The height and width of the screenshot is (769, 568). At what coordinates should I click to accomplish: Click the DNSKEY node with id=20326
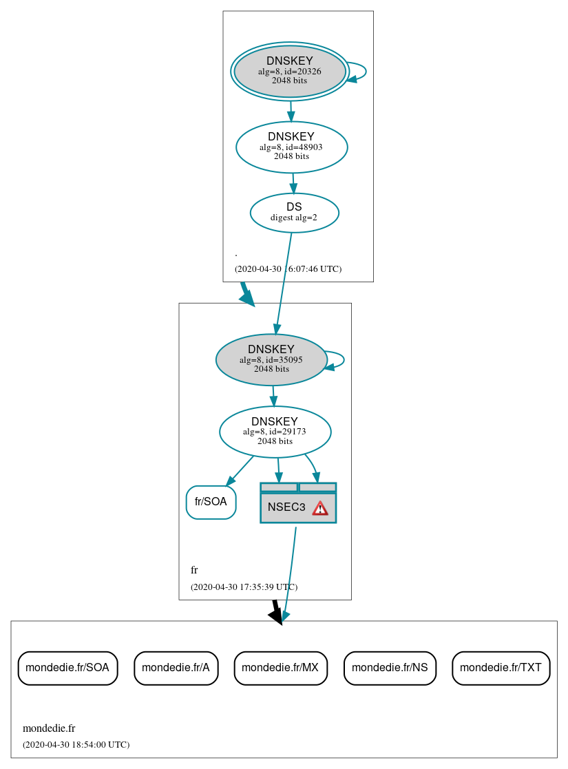tap(290, 71)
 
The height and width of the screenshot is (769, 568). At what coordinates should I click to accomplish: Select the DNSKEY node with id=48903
tap(291, 147)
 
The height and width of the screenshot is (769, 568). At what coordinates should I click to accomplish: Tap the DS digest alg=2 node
tap(294, 213)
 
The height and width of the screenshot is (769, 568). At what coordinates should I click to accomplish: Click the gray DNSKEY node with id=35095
tap(271, 359)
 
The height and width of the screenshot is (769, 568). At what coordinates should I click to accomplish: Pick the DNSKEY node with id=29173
tap(275, 432)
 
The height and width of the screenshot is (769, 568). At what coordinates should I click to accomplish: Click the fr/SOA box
tap(211, 502)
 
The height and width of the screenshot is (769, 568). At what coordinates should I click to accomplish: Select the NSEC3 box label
tap(286, 507)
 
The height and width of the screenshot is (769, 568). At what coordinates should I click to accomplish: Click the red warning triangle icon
tap(320, 508)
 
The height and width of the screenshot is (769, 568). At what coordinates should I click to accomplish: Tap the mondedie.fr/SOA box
tap(67, 667)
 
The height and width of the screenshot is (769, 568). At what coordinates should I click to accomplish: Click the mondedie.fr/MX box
tap(280, 667)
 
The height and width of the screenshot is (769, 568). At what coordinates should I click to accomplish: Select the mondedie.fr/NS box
tap(390, 667)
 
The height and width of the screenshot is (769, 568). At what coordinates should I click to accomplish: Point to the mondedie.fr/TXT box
tap(501, 667)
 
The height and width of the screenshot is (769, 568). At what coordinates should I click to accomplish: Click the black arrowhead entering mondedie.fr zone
tap(276, 615)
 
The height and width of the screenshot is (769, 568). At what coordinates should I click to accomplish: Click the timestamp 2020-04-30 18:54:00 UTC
tap(76, 745)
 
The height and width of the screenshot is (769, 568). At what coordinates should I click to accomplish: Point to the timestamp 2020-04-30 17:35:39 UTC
tap(244, 587)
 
